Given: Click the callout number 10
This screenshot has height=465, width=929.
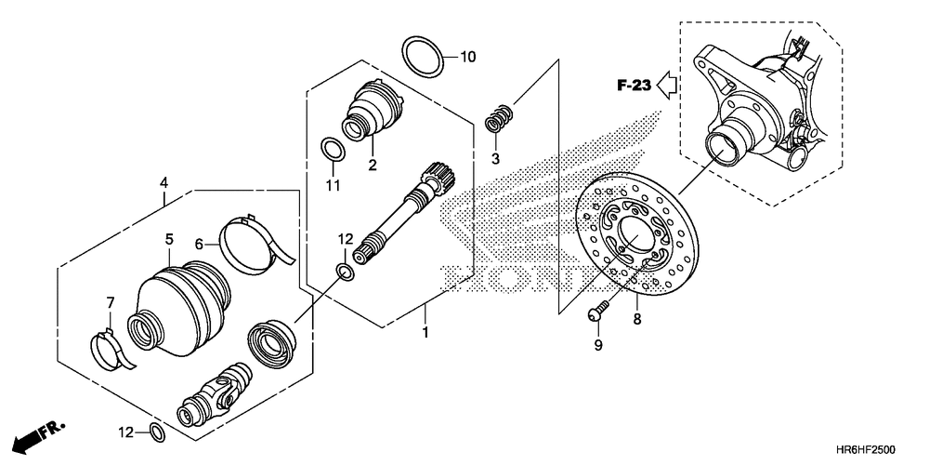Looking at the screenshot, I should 467,57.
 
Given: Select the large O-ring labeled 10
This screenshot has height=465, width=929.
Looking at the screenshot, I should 423,57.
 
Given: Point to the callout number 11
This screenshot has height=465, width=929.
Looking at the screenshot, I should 333,186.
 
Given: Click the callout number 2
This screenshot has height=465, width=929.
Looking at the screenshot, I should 372,166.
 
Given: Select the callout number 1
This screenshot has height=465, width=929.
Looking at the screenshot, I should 425,331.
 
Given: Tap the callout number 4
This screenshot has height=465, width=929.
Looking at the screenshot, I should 164,182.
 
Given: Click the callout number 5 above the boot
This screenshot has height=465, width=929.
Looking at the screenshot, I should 169,239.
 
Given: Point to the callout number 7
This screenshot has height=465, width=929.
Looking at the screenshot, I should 110,302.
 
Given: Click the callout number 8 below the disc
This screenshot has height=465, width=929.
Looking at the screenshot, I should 636,319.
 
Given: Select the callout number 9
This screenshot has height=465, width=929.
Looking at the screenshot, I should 598,345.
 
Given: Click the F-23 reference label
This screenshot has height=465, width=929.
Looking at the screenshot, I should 634,86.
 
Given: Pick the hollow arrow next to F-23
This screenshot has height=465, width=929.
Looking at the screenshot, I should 666,86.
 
